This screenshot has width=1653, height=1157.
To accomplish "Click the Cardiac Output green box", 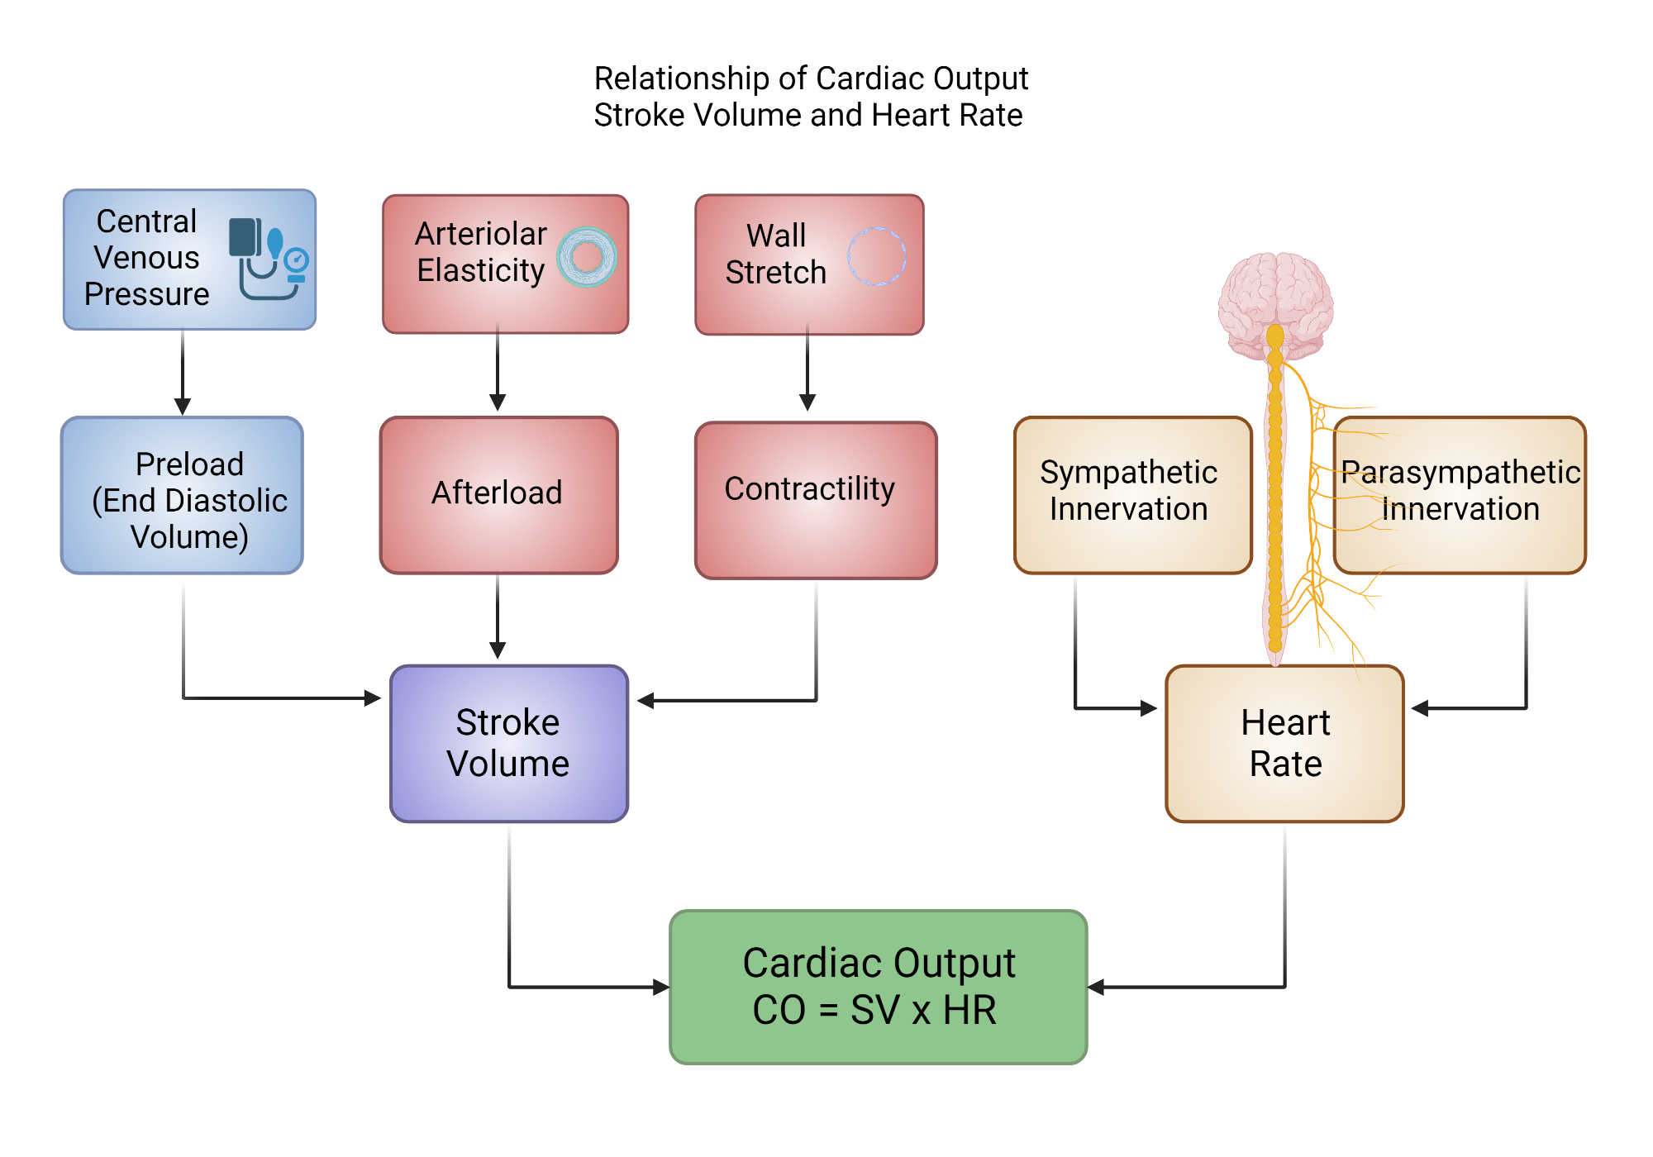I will coord(878,987).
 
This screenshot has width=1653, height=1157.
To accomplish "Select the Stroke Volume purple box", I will coord(508,743).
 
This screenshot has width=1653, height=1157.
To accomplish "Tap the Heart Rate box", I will coord(1284,743).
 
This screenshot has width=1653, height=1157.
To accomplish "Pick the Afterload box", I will coord(498,494).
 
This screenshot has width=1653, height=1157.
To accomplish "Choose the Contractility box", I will coord(816,499).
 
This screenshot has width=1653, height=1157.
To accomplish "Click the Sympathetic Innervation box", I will coord(1131,494).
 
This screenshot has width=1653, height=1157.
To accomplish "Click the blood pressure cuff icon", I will coord(268,258).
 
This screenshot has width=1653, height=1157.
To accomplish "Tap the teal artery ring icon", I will coord(587,257).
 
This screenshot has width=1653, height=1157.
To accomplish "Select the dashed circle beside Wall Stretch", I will coord(877,256).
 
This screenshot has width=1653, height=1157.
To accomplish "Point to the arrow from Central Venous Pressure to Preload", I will coord(183,372).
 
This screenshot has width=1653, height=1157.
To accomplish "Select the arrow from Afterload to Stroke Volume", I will coord(498,616).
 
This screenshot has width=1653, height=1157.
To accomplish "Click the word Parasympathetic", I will coord(1460,473).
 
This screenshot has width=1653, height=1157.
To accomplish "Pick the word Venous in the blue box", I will coord(146,258).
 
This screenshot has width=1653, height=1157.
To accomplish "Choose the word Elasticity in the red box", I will coord(480,271).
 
